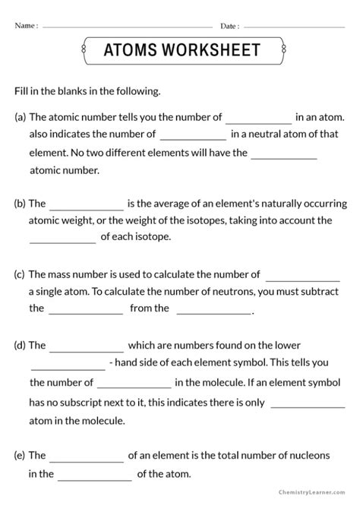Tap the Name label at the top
pyautogui.click(x=26, y=26)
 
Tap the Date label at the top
pyautogui.click(x=230, y=26)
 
